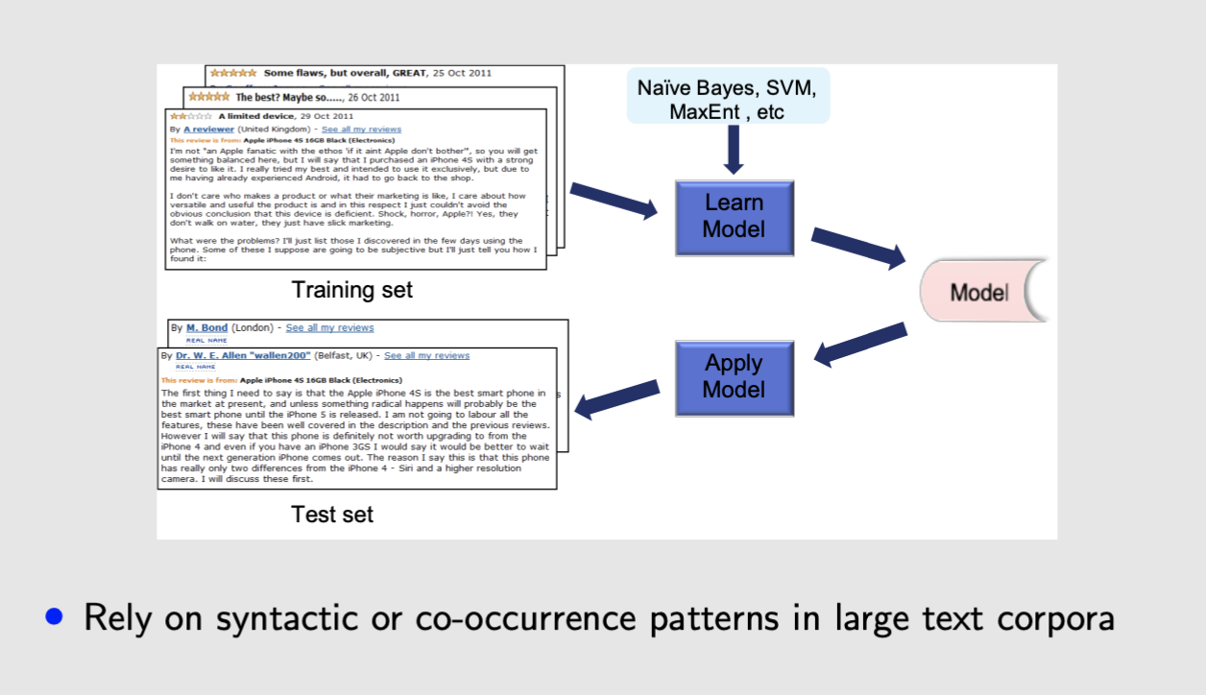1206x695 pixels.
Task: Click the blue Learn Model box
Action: coord(734,216)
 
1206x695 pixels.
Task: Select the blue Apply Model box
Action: coord(734,376)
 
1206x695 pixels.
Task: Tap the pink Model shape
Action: coord(979,292)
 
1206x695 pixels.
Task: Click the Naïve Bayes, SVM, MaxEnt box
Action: coord(727,99)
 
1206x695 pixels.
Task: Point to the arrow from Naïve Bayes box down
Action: coord(733,150)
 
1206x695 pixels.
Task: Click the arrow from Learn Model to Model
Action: coord(858,247)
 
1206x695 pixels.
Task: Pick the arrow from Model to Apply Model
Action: coord(860,343)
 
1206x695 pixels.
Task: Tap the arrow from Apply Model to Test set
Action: coord(617,398)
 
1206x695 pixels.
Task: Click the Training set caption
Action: coord(351,289)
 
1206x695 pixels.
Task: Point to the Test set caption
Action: coord(332,515)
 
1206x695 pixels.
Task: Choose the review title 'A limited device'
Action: coord(259,116)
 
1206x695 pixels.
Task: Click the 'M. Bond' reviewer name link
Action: coord(206,328)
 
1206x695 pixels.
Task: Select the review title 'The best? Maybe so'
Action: coord(285,97)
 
